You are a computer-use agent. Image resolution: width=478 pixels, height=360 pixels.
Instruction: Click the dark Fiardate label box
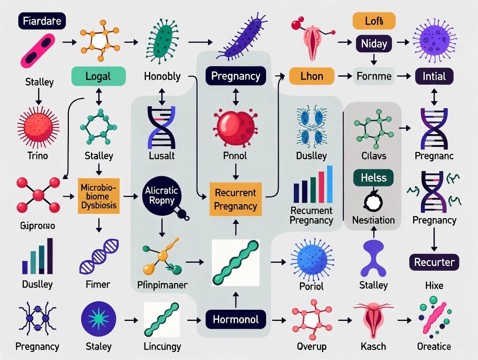click(42, 20)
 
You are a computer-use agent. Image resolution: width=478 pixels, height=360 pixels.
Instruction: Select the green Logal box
click(98, 77)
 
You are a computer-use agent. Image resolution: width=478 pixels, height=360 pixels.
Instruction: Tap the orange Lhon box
click(311, 76)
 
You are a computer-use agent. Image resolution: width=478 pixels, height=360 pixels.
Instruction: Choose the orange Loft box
click(374, 21)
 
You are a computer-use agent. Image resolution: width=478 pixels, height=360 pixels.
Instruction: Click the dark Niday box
click(374, 43)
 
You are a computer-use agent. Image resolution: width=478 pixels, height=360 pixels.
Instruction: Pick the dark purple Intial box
click(434, 76)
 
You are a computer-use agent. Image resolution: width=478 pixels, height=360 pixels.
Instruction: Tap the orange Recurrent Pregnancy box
click(235, 199)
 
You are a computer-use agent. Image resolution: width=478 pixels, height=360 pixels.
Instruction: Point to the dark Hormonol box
click(236, 319)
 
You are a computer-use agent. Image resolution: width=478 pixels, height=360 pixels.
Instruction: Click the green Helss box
click(373, 178)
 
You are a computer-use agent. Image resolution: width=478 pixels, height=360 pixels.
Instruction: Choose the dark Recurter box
click(434, 262)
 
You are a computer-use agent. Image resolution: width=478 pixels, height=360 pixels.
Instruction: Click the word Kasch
click(373, 346)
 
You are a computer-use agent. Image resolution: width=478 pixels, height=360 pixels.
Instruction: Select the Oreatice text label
click(434, 346)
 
